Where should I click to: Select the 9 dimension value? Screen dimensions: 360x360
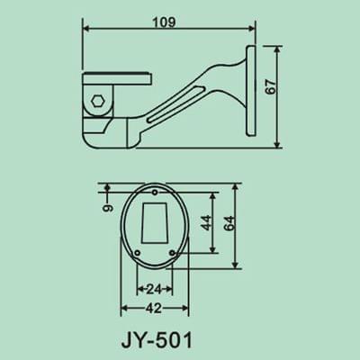[x=106, y=209]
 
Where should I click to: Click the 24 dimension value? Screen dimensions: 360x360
[x=153, y=290]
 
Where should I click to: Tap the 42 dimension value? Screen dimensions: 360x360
[x=153, y=307]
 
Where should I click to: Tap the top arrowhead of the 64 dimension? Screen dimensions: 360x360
[x=236, y=184]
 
